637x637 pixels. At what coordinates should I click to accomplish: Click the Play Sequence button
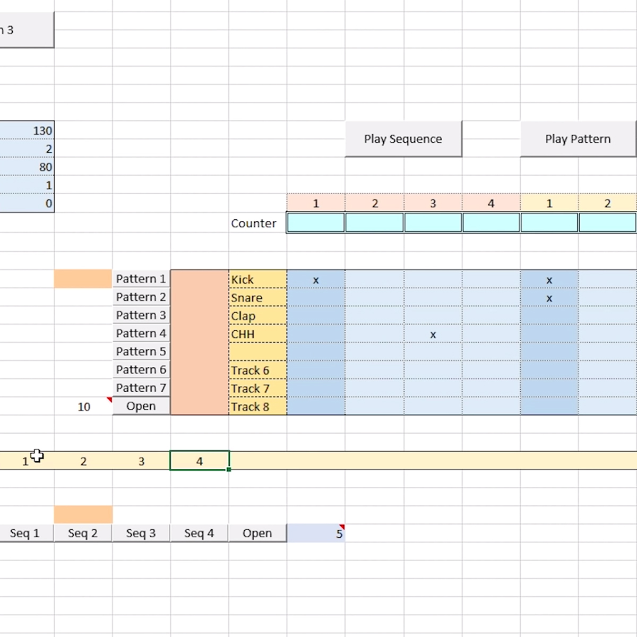(403, 139)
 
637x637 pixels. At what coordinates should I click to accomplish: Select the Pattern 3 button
(141, 315)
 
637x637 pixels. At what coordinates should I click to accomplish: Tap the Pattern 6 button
(141, 369)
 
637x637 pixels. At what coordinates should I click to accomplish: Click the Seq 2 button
(83, 533)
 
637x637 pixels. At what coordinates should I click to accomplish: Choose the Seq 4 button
(199, 533)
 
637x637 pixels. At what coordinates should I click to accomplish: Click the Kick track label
(242, 280)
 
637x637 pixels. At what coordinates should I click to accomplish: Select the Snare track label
(247, 298)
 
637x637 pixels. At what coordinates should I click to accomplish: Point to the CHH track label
(243, 334)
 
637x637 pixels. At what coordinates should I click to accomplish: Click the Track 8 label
(250, 407)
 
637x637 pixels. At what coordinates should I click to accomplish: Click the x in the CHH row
(433, 335)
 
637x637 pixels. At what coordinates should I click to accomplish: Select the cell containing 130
(27, 131)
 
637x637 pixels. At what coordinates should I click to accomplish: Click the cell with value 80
(27, 167)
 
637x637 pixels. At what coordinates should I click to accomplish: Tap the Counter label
(254, 223)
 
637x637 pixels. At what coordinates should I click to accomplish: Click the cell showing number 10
(84, 407)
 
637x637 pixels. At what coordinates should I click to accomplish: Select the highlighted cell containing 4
(200, 460)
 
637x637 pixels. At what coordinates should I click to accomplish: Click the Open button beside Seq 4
(257, 533)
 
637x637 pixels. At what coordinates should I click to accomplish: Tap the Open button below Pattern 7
(141, 406)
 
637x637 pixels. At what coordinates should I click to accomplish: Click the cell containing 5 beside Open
(316, 533)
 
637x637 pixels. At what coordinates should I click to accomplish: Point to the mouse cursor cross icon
(37, 455)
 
